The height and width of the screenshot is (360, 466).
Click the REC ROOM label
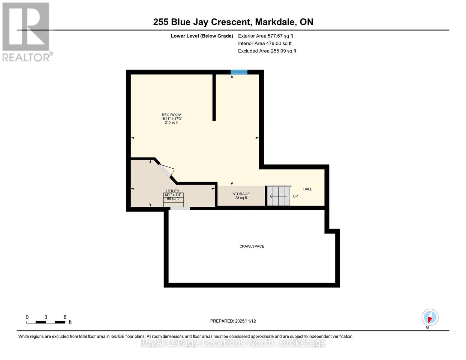(171, 115)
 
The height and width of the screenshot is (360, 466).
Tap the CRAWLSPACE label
(251, 246)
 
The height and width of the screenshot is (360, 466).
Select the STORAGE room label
(241, 194)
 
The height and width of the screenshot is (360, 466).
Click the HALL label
(308, 189)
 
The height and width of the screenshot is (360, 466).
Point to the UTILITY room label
(173, 191)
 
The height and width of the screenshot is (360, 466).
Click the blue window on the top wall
(239, 72)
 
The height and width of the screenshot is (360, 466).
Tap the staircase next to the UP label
(279, 196)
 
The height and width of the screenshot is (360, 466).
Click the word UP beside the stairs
(295, 196)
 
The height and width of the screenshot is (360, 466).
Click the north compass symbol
(430, 317)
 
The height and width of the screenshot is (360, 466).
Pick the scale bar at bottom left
(46, 322)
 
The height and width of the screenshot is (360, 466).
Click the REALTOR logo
(26, 32)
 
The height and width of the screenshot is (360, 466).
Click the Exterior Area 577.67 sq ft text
(265, 36)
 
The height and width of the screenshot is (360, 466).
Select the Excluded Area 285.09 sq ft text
(267, 51)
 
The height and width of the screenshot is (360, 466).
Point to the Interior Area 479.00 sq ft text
(265, 43)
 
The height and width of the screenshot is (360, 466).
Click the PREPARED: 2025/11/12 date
(233, 321)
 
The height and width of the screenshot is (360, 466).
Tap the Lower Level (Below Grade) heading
(202, 36)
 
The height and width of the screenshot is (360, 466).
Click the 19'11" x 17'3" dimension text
(171, 119)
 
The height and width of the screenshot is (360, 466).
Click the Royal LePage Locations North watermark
(233, 343)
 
